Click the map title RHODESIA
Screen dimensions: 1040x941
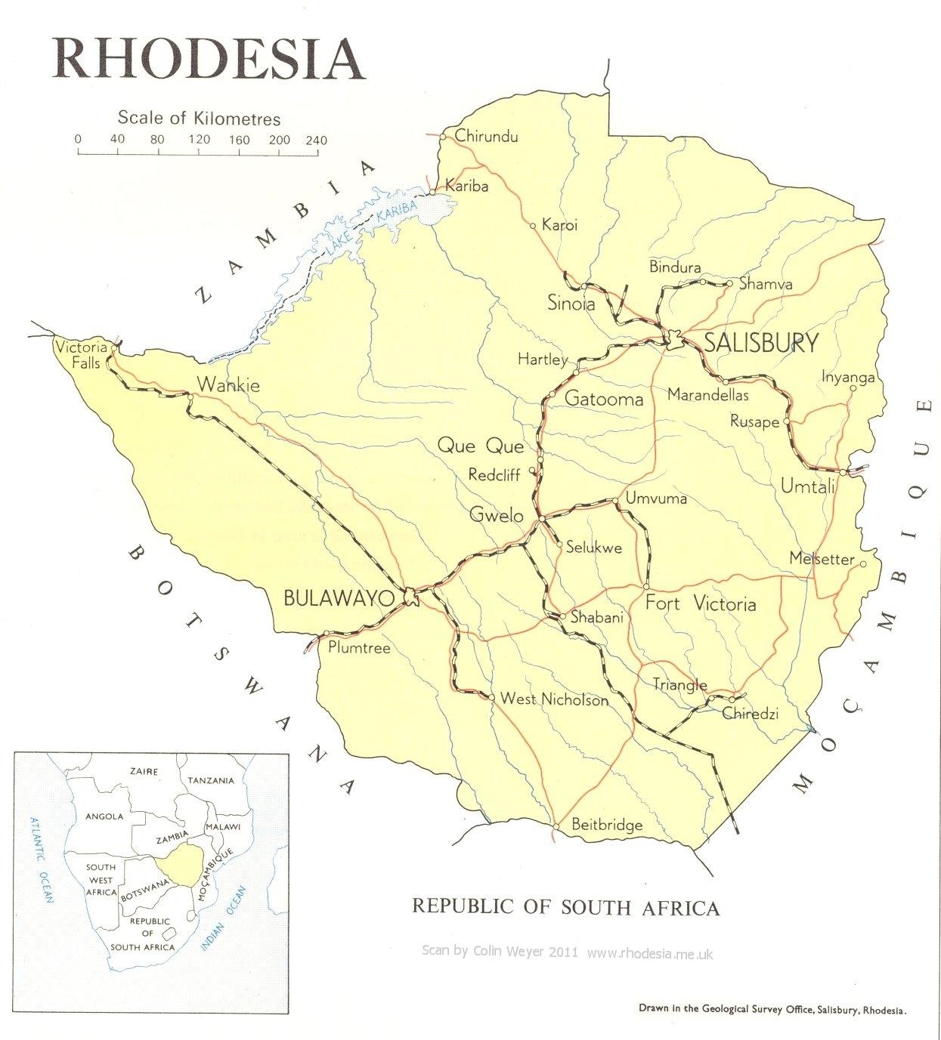tap(209, 57)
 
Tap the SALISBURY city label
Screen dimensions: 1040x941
tap(760, 343)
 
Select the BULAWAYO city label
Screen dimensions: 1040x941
tap(339, 599)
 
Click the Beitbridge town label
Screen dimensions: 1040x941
tap(606, 824)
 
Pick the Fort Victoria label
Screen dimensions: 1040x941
tap(700, 603)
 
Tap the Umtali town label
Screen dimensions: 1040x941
tap(807, 486)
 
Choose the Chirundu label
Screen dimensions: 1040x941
tap(487, 137)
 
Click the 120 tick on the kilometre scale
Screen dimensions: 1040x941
tap(200, 140)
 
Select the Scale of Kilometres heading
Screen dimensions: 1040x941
tap(199, 119)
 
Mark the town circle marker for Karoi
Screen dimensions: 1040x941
tap(533, 225)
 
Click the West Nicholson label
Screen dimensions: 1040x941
tap(554, 699)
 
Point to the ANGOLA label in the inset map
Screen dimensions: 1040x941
tap(104, 816)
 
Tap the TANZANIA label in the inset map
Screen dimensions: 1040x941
tap(211, 780)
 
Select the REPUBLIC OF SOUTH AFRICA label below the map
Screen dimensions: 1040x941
tap(565, 906)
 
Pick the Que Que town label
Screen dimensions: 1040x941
tap(481, 446)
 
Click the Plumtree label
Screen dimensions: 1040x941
tap(359, 647)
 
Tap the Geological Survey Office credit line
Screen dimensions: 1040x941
tap(772, 1008)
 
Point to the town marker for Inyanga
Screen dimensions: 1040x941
tap(853, 389)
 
